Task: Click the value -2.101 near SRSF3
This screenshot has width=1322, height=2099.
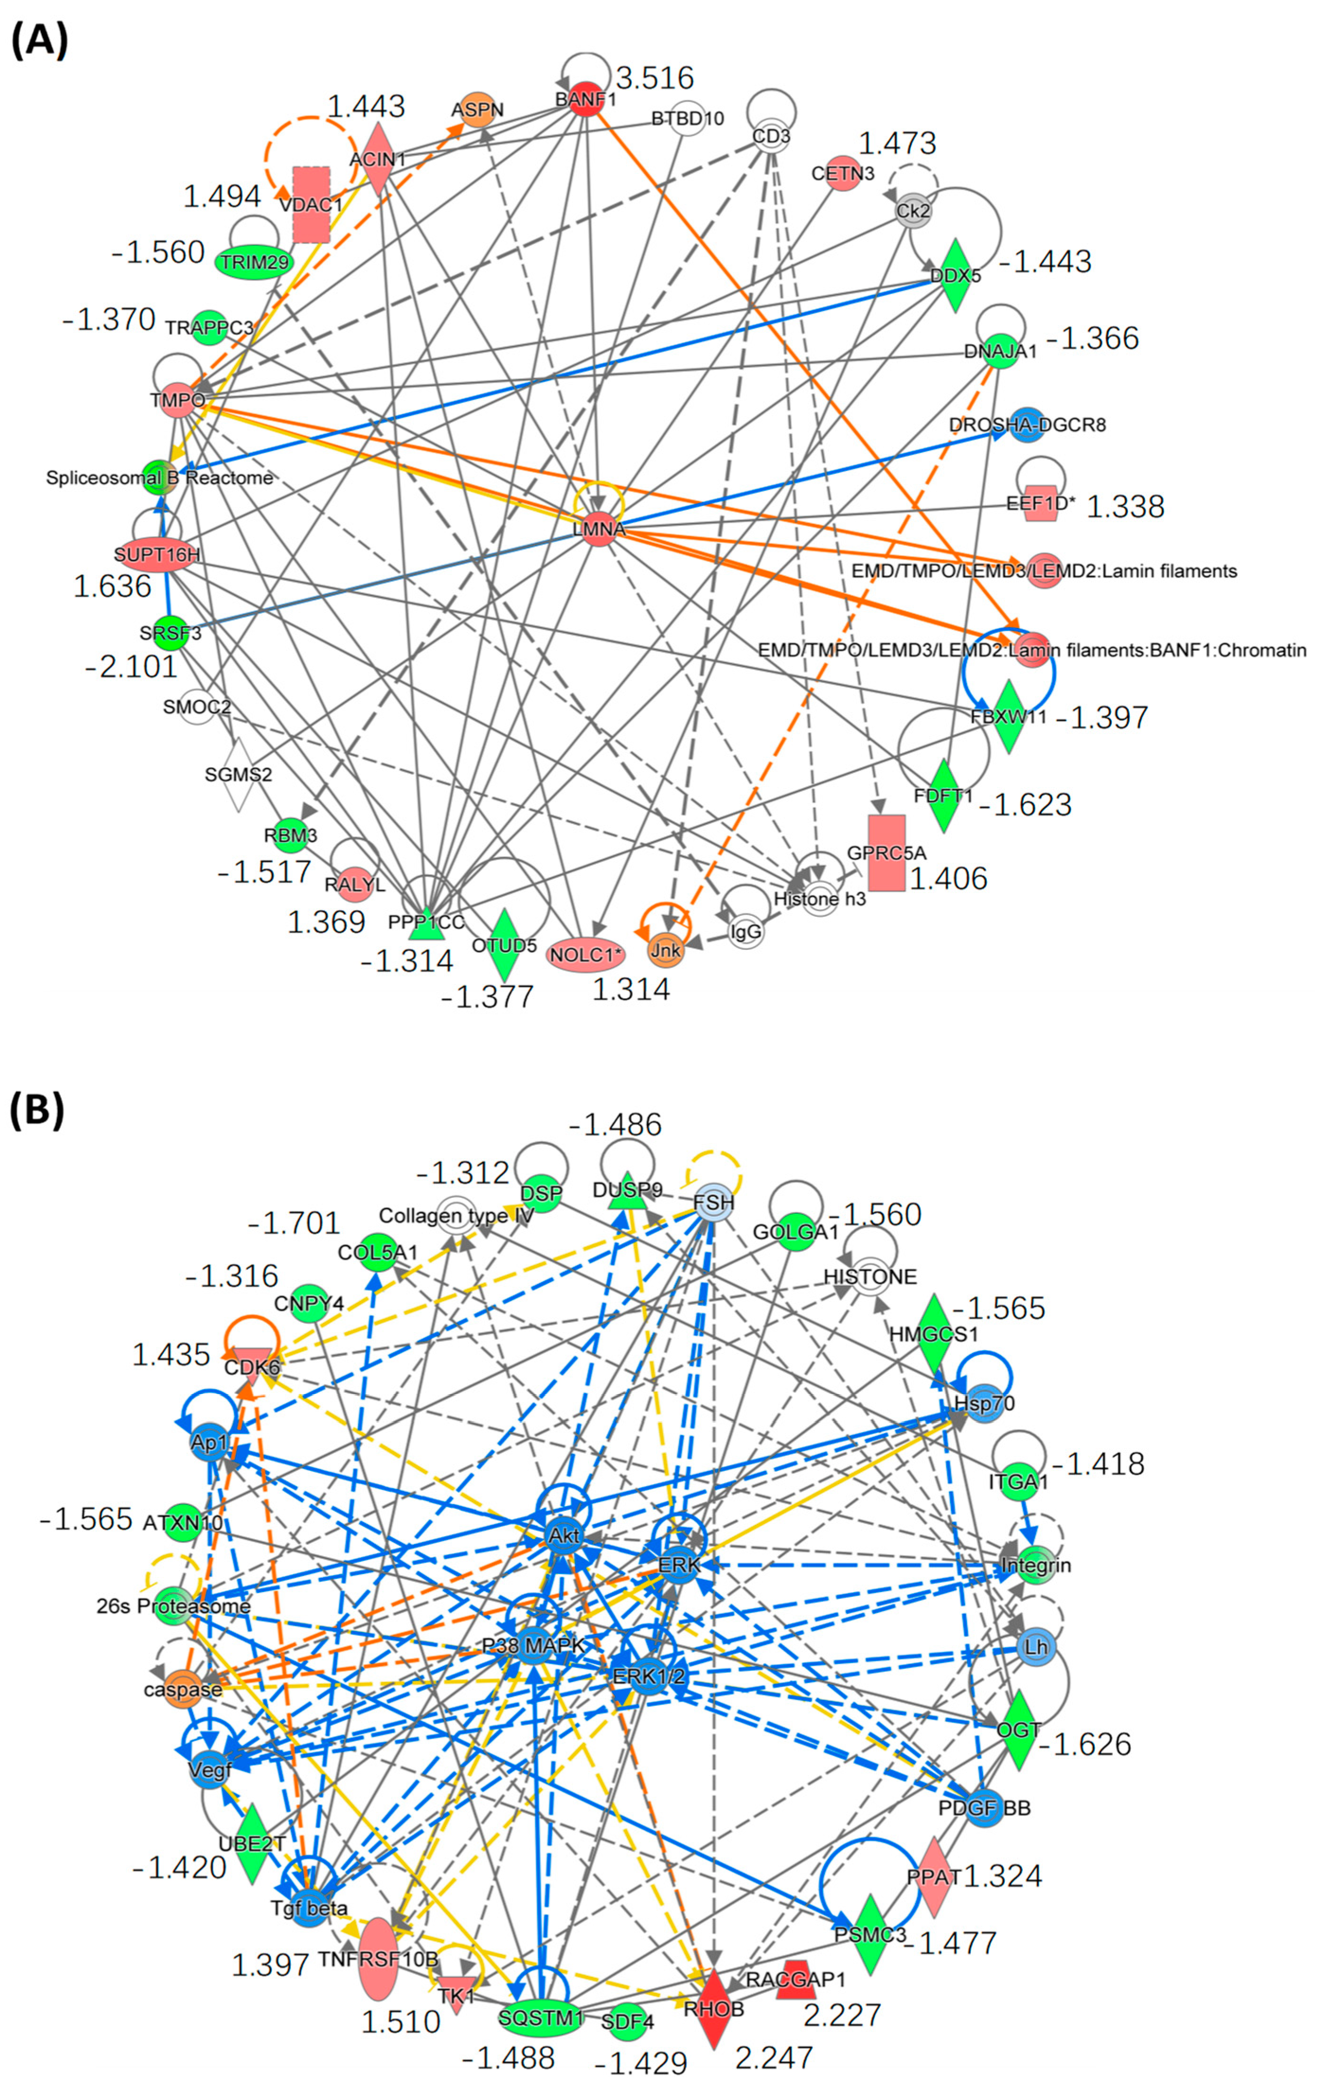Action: click(x=131, y=667)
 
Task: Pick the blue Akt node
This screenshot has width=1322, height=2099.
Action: click(x=562, y=1535)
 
